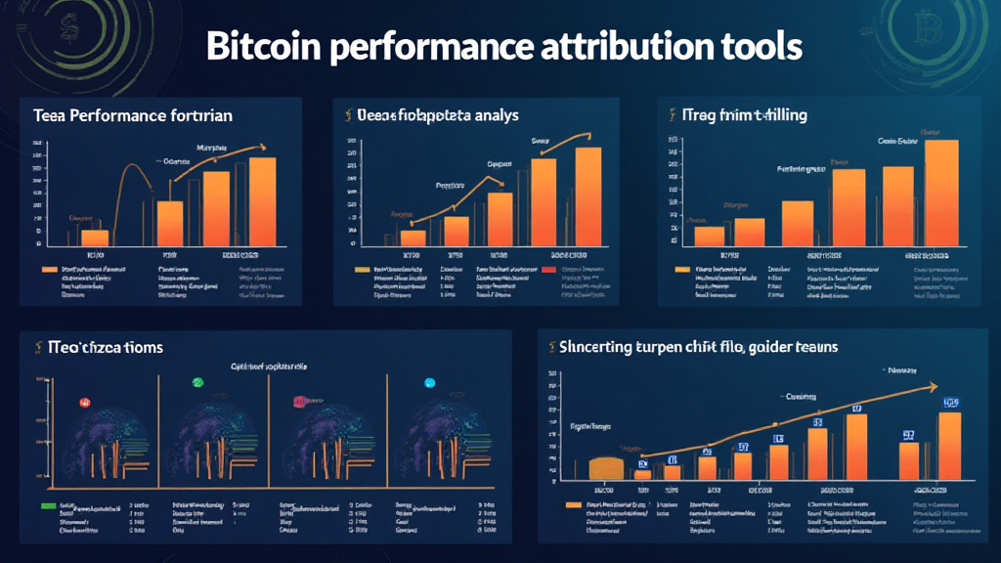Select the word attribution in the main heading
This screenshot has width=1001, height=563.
pyautogui.click(x=616, y=47)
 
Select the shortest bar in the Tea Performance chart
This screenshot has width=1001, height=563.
pyautogui.click(x=95, y=237)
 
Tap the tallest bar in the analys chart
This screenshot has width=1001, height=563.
pyautogui.click(x=588, y=195)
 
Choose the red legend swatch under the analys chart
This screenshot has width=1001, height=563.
pyautogui.click(x=547, y=267)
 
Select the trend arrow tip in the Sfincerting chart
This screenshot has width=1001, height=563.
pyautogui.click(x=936, y=386)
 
